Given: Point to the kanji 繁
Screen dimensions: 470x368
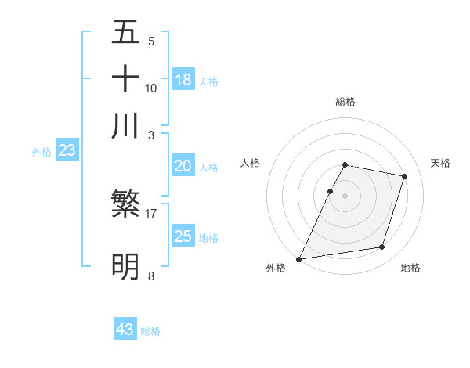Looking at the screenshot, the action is [126, 206].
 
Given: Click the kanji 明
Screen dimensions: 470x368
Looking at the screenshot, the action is [126, 267].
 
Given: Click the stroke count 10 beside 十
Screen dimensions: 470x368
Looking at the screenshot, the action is [151, 88].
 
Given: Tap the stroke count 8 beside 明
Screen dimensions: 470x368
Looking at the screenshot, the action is [151, 276].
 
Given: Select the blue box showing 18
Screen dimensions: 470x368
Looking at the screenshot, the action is [183, 79].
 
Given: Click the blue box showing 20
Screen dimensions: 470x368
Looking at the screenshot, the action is [183, 166].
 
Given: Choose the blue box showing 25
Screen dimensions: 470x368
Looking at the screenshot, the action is [183, 236].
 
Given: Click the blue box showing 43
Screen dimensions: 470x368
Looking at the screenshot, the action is [125, 330].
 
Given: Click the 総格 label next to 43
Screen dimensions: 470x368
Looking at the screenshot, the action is [151, 331].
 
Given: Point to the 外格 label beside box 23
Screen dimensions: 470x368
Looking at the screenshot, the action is [42, 153].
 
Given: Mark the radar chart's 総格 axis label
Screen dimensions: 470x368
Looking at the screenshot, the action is [345, 102].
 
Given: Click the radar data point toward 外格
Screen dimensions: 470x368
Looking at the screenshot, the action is [299, 259].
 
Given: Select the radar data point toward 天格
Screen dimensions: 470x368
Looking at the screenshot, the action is [405, 177].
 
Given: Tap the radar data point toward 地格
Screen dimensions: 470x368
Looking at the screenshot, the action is [382, 247].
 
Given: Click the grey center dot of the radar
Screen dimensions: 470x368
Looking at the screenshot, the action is [345, 195].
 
